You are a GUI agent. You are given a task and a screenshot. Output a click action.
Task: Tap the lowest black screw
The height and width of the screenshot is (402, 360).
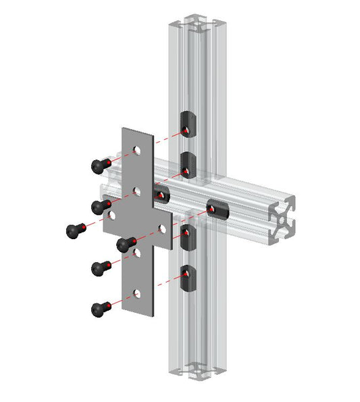pyautogui.click(x=100, y=309)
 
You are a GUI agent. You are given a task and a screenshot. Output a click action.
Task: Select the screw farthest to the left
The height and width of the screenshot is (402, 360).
pyautogui.click(x=75, y=230)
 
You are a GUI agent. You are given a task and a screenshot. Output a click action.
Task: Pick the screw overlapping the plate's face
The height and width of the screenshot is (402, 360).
pyautogui.click(x=126, y=243)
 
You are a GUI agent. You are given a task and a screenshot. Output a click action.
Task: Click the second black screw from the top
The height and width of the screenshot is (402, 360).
pyautogui.click(x=100, y=205)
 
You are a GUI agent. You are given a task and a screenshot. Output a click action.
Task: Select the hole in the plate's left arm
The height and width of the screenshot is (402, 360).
pyautogui.click(x=113, y=217)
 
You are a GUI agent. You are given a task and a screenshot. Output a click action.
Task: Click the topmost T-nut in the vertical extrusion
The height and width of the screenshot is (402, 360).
pyautogui.click(x=188, y=123)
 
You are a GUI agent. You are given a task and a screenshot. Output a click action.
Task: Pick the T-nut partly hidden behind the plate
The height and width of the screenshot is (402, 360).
pyautogui.click(x=161, y=195)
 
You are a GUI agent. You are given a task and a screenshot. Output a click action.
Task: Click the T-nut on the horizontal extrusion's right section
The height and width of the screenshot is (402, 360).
pyautogui.click(x=217, y=211)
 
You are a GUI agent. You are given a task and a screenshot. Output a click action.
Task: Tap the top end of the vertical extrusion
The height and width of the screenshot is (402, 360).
pyautogui.click(x=197, y=24)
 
